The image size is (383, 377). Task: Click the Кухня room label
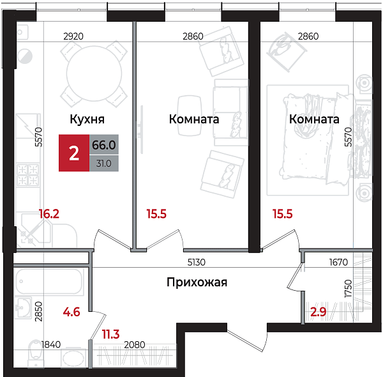coord(87,119)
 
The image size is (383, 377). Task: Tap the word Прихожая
coord(197,282)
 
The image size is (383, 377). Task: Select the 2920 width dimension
coord(73,36)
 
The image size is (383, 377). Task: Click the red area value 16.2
coord(49,214)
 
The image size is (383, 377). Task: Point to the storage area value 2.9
coord(318,312)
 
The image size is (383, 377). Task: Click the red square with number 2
coord(74,153)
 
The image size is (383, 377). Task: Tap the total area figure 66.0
coord(103,145)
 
